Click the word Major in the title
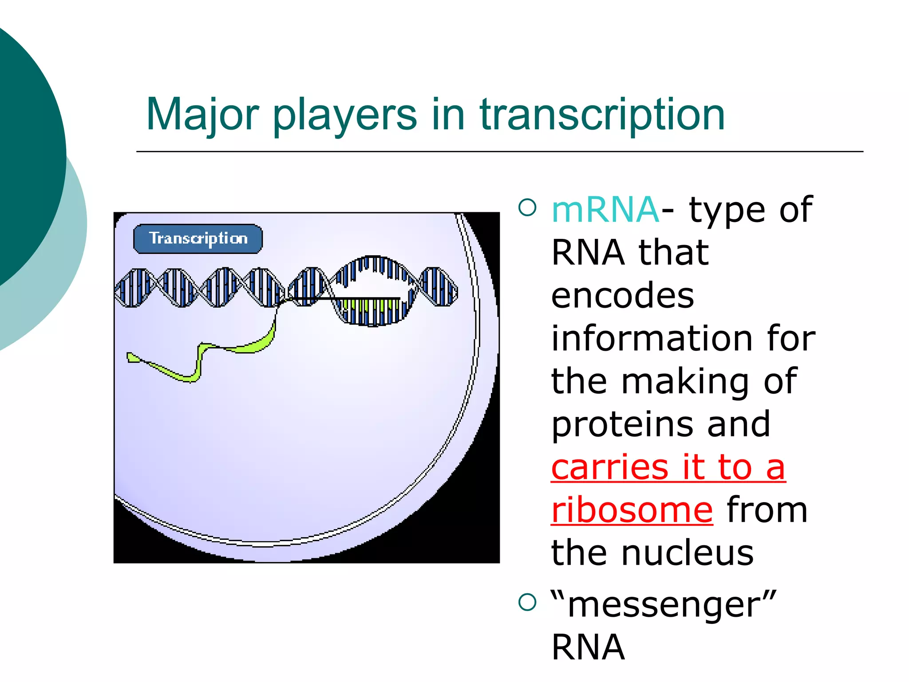(202, 115)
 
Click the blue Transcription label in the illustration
(198, 239)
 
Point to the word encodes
(622, 296)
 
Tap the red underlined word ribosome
(632, 510)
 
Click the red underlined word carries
(609, 467)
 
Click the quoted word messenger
(664, 605)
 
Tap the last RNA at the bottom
(588, 647)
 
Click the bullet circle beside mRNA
(527, 207)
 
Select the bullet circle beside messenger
(527, 603)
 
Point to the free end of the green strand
(132, 357)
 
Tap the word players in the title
(344, 115)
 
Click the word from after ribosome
(767, 510)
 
